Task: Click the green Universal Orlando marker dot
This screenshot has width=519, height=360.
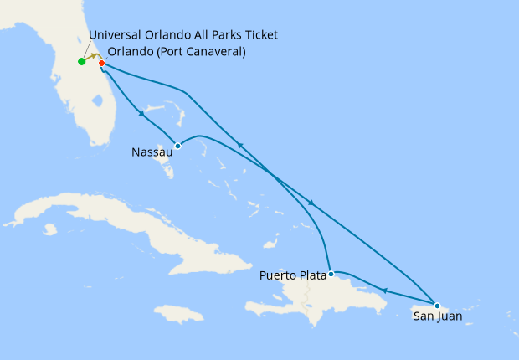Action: click(81, 61)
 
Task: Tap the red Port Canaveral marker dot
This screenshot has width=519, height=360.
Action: click(101, 63)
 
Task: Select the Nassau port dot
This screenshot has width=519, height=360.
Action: click(177, 146)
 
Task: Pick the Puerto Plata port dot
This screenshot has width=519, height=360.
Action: click(331, 274)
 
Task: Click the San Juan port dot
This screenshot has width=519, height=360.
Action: click(437, 306)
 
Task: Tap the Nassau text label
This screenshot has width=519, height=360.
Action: click(152, 152)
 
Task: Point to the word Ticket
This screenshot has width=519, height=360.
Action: click(258, 35)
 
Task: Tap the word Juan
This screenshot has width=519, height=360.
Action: click(448, 317)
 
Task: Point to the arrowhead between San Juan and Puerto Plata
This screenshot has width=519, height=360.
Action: click(384, 291)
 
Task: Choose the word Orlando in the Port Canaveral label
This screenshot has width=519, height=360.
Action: click(131, 52)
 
